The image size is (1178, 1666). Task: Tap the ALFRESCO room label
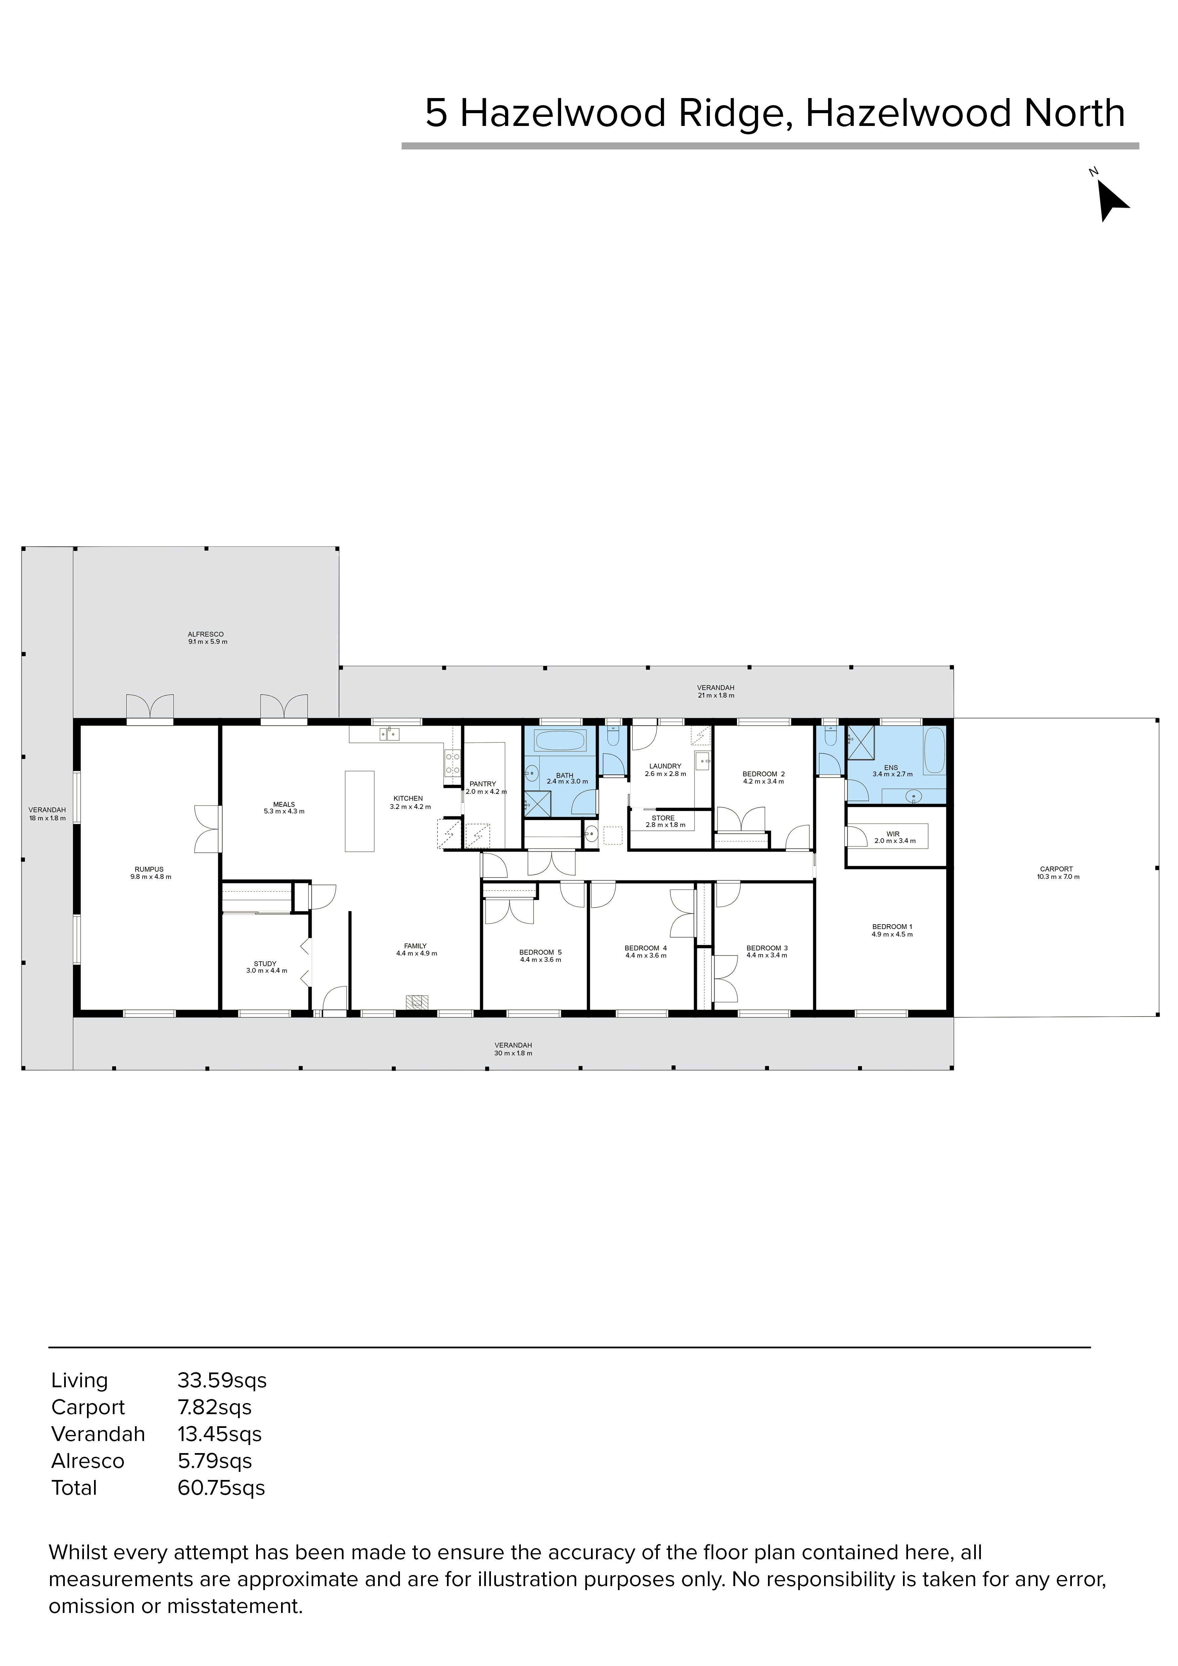click(206, 634)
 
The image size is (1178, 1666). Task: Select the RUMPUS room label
click(149, 869)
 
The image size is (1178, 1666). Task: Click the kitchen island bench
click(360, 811)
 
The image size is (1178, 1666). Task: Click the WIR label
click(893, 835)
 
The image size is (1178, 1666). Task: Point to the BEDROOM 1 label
click(892, 927)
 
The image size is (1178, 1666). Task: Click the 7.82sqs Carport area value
click(215, 1408)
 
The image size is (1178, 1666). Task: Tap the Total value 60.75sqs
click(221, 1488)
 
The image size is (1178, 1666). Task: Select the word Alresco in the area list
click(88, 1461)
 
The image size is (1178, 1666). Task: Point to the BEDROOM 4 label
click(645, 948)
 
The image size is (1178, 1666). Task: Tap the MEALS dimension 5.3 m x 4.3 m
click(284, 811)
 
